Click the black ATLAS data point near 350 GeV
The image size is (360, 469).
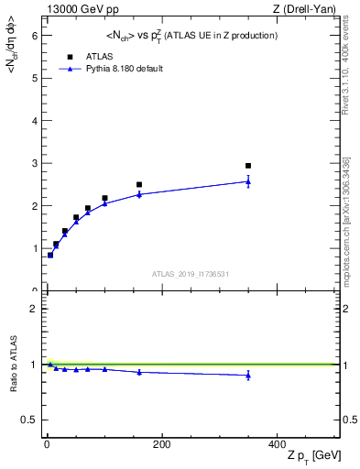pos(248,166)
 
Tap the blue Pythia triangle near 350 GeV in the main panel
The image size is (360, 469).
pos(248,181)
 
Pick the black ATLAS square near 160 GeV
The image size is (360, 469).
pos(139,185)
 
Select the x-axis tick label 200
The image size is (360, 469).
pos(161,445)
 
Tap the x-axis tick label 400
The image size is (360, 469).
pos(276,445)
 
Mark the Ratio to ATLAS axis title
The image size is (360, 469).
pos(12,364)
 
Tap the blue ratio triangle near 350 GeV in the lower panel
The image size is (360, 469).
pos(248,375)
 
